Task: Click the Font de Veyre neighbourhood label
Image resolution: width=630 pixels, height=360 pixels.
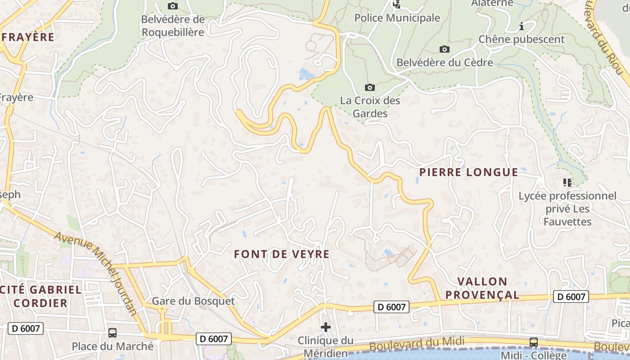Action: (x=282, y=254)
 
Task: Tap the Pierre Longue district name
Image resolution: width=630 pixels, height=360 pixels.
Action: (x=468, y=172)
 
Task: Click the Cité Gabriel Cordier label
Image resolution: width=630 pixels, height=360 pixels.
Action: (x=41, y=296)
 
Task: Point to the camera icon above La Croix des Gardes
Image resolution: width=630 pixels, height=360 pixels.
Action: (x=370, y=87)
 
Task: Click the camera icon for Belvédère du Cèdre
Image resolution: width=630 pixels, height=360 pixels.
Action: (x=444, y=49)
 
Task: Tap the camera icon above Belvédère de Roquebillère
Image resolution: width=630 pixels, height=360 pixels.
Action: (x=172, y=6)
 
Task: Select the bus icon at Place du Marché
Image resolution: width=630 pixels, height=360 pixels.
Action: (x=112, y=333)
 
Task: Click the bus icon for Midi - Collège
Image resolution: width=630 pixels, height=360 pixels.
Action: (x=534, y=342)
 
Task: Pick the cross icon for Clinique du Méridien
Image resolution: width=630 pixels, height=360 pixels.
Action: (x=326, y=327)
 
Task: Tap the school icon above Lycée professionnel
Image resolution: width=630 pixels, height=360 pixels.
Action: (x=567, y=182)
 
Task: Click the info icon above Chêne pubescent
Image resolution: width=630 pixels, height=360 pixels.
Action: (x=522, y=26)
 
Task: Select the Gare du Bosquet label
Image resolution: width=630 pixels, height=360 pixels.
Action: (x=193, y=301)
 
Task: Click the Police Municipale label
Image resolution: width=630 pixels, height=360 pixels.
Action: (x=397, y=18)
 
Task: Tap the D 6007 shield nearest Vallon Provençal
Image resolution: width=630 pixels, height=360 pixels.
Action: (x=571, y=297)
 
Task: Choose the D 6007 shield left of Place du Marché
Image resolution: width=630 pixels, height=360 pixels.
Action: (x=26, y=328)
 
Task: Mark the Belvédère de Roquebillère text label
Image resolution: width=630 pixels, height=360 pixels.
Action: (x=173, y=26)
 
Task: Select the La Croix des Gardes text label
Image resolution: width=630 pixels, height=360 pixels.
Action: (x=370, y=107)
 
